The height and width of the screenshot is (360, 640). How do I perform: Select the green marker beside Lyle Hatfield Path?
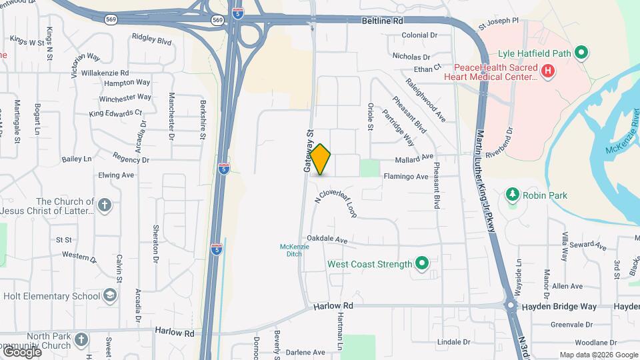[x=581, y=52]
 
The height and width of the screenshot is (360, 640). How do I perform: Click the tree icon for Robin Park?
[x=513, y=195]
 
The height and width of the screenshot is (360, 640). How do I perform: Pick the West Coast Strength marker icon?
[x=421, y=265]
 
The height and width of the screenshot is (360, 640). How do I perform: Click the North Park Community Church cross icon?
[x=81, y=339]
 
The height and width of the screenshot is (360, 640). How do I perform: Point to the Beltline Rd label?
[x=383, y=21]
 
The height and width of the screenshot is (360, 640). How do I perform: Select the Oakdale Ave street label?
[x=327, y=239]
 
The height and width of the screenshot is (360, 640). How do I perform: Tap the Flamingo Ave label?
[x=405, y=177]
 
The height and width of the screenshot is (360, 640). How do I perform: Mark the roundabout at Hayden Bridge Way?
[x=511, y=307]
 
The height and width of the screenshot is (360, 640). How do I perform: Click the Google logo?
[x=21, y=351]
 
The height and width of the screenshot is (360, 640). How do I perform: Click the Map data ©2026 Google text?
[x=598, y=355]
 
